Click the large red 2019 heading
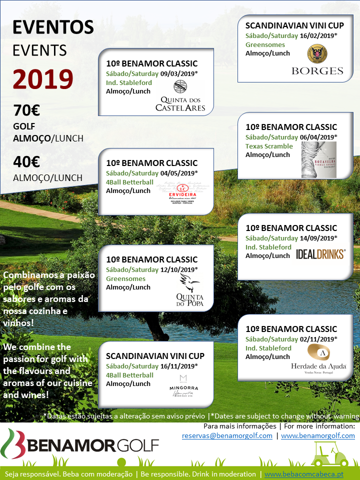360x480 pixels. coord(43,78)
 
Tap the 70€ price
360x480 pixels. coord(26,109)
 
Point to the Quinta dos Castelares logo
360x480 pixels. coord(180,97)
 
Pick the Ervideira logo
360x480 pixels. coord(181,190)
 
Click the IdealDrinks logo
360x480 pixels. coord(320,254)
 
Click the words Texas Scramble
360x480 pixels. coord(269,146)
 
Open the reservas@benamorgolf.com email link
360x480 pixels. coord(227,435)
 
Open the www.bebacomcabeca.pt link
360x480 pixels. coord(304,474)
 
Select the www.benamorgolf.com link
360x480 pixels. coord(318,435)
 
